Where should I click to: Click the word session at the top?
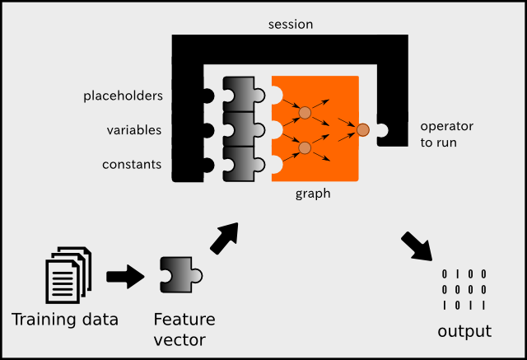tap(291, 23)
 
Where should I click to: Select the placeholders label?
tap(123, 96)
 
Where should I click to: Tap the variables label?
tap(134, 130)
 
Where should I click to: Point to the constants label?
tap(132, 165)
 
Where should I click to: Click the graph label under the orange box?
tap(314, 194)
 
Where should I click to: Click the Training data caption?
tap(65, 320)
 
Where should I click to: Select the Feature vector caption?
tap(184, 328)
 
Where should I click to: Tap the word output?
tap(464, 331)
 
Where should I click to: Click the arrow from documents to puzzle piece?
tap(124, 277)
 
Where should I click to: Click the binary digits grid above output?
tap(464, 290)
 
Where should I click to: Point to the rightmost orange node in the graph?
tap(362, 129)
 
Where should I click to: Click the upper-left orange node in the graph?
tap(304, 111)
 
